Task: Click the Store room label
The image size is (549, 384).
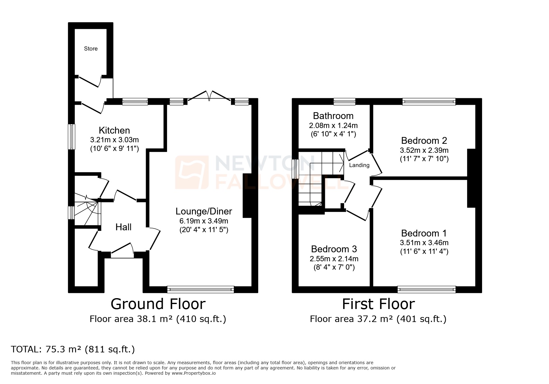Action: coord(91,49)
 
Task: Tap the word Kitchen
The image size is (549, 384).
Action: coord(114,130)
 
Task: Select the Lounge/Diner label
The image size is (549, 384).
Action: coord(204,211)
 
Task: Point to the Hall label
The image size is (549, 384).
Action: coord(123,227)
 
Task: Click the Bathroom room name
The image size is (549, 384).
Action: coord(333,116)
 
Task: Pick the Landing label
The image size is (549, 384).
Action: coord(359,165)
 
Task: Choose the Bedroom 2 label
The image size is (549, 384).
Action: coord(424,141)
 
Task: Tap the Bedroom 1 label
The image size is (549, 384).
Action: coord(424,233)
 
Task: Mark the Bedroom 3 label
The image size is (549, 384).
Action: coord(334,249)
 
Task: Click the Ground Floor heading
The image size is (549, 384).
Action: coord(158,304)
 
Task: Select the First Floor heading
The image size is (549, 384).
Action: coord(378,304)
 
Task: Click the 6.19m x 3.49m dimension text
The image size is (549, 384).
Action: coord(204,221)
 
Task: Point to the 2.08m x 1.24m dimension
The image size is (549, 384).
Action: coord(333,126)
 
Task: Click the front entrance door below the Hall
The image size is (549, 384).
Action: coord(122,252)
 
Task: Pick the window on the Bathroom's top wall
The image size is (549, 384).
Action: coord(344,101)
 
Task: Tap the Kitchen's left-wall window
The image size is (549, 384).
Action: coord(72,137)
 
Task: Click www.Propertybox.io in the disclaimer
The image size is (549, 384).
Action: coord(193,373)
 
